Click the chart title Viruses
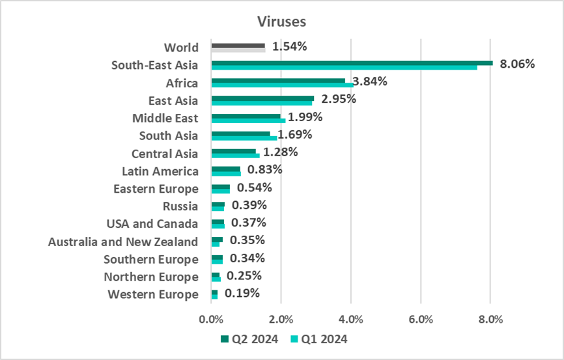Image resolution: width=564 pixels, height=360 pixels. point(281,21)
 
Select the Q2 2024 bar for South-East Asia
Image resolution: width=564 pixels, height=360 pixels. point(352,62)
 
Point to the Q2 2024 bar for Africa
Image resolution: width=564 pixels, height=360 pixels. point(278,81)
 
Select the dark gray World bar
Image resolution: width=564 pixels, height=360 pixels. point(238,46)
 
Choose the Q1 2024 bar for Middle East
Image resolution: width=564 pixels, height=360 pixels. point(248,120)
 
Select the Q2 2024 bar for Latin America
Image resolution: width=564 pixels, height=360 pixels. point(225,169)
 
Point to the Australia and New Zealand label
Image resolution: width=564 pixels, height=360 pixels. point(123,242)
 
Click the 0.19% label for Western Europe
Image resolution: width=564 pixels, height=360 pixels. point(242,293)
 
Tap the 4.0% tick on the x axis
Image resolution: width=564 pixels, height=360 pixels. point(351,319)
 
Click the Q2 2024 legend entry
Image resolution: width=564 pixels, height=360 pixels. point(249,339)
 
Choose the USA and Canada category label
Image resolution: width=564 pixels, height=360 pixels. point(152,224)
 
